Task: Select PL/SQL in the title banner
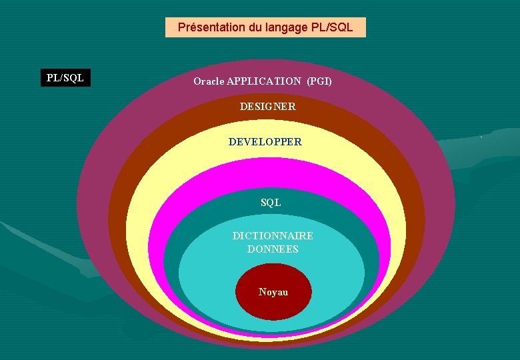coord(331,28)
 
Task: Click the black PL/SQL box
coord(65,78)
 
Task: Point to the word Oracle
coord(209,81)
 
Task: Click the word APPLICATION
coord(264,81)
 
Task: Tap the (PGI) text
coord(319,81)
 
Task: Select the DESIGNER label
coord(268,107)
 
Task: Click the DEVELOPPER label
coord(265,142)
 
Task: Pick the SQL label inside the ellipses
coord(271,203)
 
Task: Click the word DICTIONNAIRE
coord(273,236)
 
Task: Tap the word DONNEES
coord(273,249)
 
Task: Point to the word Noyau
coord(273,292)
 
